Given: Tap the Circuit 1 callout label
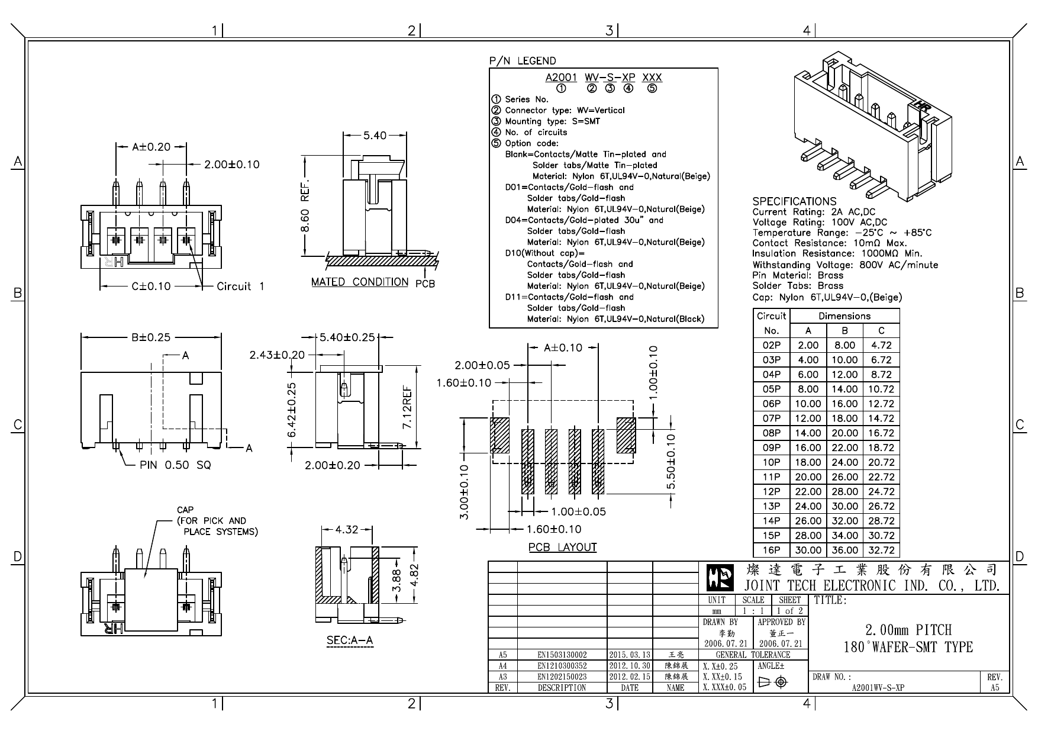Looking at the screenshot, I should tap(240, 286).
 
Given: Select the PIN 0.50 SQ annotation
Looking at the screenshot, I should tap(175, 465).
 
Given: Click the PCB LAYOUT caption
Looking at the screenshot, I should tap(562, 548).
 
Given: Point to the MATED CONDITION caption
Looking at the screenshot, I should tap(360, 282).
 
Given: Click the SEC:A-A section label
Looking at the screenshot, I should tap(350, 640).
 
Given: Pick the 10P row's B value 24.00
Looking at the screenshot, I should tap(844, 462).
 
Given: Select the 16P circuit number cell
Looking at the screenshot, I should tap(771, 550).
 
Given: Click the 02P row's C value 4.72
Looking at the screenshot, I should tap(881, 345).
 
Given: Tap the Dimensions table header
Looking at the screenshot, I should tap(844, 316).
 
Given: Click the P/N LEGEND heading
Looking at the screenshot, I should tap(523, 61).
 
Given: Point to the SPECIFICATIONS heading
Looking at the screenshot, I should tap(794, 201).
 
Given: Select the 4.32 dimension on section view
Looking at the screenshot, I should tap(346, 530).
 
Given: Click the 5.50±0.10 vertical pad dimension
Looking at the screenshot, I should tap(670, 462).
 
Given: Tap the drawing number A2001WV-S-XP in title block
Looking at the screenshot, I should tap(877, 688).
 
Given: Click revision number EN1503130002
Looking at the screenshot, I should tap(562, 655).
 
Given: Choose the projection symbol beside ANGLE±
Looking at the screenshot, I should tap(773, 683).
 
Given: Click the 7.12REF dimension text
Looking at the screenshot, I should tap(408, 408).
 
